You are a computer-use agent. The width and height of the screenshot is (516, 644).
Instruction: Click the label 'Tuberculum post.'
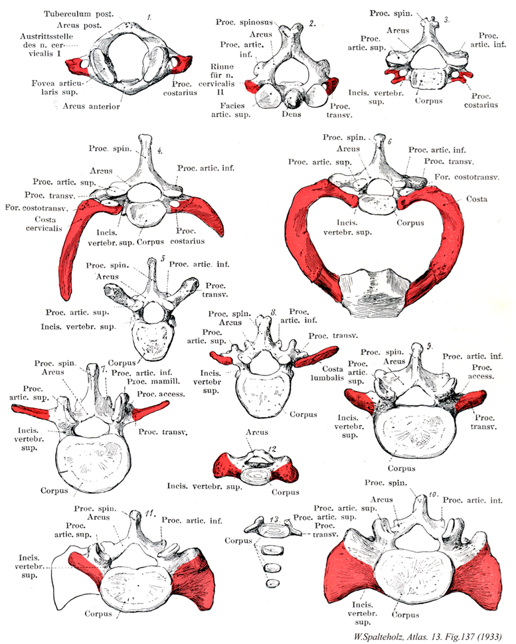(x=80, y=13)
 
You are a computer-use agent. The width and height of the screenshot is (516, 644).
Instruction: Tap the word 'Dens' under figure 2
(x=292, y=114)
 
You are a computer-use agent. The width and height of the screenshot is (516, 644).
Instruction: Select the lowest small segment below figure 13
(x=270, y=583)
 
